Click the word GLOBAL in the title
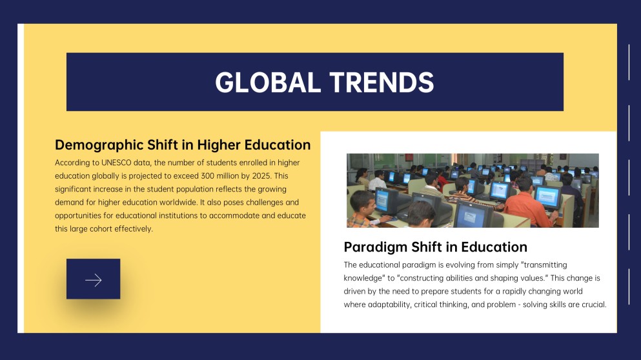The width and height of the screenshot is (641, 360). pyautogui.click(x=268, y=83)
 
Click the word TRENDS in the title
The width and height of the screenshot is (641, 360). pyautogui.click(x=381, y=83)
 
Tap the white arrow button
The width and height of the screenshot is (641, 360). pyautogui.click(x=93, y=279)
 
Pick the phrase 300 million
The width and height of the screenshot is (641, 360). pyautogui.click(x=216, y=176)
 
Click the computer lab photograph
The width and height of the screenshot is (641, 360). pyautogui.click(x=473, y=190)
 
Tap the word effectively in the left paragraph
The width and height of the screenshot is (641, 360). pyautogui.click(x=134, y=228)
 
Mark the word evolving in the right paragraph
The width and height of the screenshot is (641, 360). pyautogui.click(x=460, y=265)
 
